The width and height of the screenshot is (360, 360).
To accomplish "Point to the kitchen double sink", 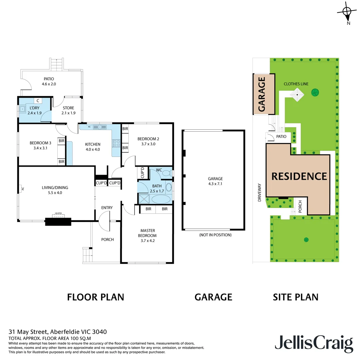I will tap(99, 127).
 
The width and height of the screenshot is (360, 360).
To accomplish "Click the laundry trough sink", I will tap(23, 109).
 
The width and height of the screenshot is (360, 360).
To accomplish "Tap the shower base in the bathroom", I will tap(144, 199).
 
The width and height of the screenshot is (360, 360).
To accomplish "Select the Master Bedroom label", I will tap(147, 233).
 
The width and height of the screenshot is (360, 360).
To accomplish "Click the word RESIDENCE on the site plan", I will tap(299, 176).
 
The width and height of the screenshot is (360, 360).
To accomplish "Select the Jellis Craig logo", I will tap(313, 343).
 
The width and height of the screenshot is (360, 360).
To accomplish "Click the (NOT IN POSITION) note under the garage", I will tap(215, 235).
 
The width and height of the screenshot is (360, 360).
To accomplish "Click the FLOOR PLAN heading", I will tap(96, 297).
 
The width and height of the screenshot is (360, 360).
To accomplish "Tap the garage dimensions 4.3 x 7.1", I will tap(215, 183).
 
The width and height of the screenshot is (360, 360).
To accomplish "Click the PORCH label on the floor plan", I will tap(107, 239).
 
